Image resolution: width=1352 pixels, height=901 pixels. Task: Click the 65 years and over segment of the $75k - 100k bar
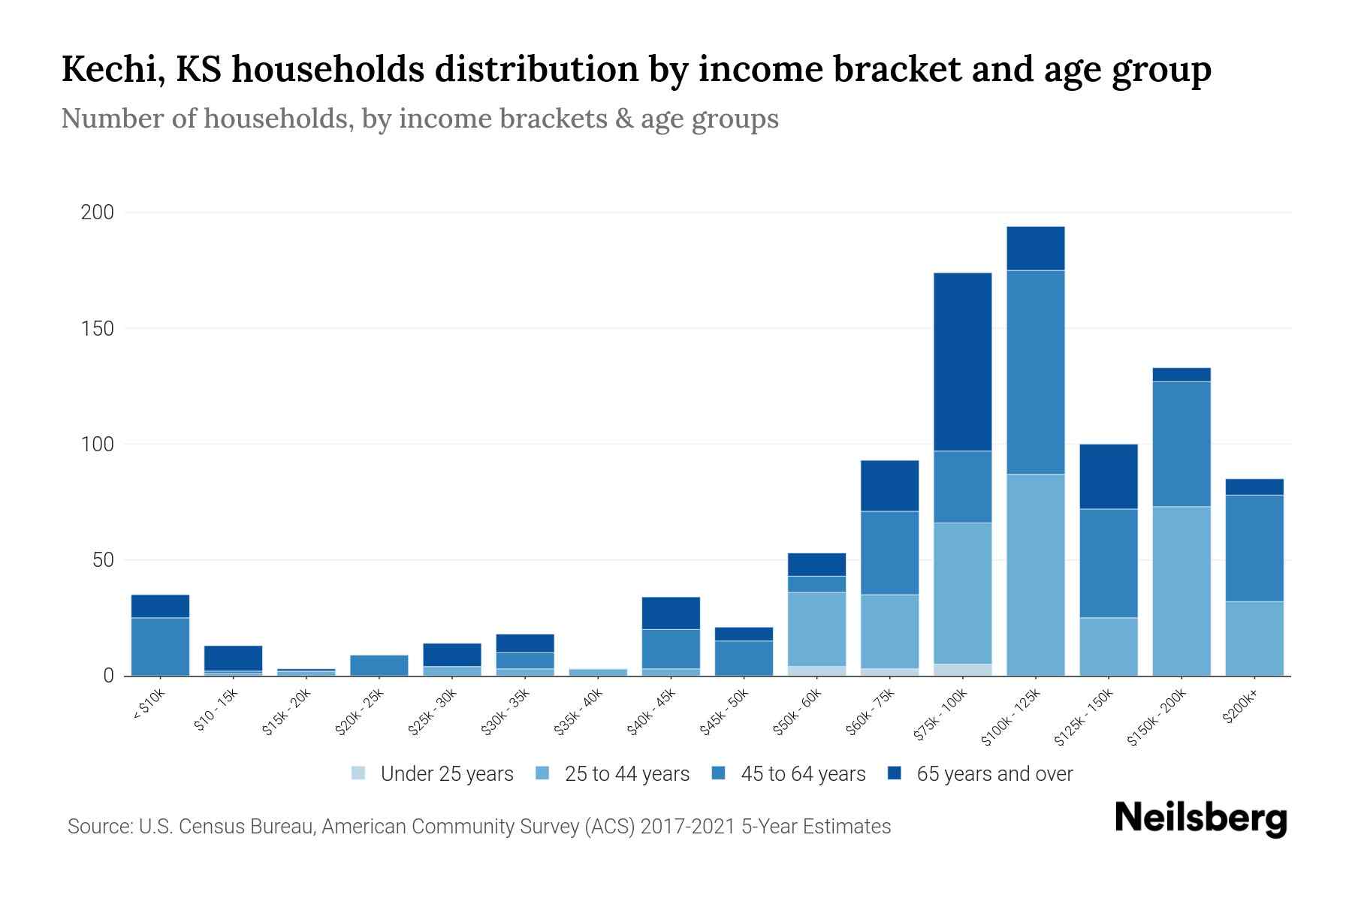click(x=962, y=362)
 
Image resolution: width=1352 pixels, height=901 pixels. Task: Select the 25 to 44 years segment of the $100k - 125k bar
click(x=1035, y=574)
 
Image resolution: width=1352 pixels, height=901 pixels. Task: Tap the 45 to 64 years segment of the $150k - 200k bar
click(x=1181, y=444)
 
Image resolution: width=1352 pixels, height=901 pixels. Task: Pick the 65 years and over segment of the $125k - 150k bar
click(x=1108, y=476)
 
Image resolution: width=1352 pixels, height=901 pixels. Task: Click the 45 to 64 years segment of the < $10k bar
click(x=160, y=646)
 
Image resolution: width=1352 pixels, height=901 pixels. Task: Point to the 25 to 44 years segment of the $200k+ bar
click(x=1254, y=638)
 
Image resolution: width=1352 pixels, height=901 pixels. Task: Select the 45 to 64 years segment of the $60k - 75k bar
click(x=889, y=553)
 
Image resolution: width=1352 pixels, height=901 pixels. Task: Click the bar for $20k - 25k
click(x=379, y=665)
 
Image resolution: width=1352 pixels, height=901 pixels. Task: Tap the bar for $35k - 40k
click(x=598, y=672)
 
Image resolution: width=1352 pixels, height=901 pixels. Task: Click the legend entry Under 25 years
click(x=446, y=774)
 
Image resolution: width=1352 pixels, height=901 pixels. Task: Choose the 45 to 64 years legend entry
click(x=802, y=774)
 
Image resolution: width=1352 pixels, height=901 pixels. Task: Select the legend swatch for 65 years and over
click(x=895, y=773)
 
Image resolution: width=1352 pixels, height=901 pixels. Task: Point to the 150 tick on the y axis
click(x=98, y=329)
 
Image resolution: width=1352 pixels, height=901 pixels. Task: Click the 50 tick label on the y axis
click(x=103, y=560)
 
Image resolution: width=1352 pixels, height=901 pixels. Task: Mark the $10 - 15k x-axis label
click(x=216, y=710)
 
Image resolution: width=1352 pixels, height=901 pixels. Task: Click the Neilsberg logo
click(x=1200, y=818)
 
